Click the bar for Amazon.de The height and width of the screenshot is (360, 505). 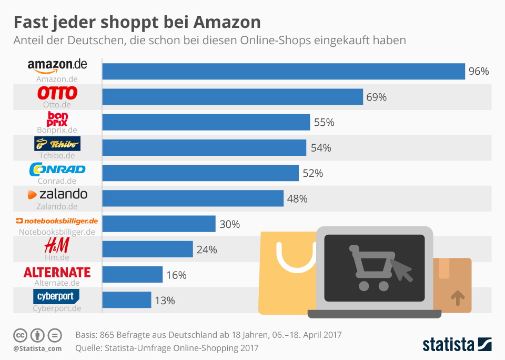tap(284, 72)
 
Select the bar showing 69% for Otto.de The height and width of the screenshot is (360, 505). tap(233, 97)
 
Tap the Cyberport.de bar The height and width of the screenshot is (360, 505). tap(127, 300)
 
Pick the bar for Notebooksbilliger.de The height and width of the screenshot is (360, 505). tap(159, 224)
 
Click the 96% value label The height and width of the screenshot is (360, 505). tap(479, 72)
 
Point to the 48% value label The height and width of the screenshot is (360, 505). tap(297, 199)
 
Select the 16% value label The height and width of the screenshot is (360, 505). tap(176, 275)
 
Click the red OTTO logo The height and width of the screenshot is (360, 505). tap(57, 93)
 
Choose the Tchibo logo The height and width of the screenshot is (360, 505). tap(57, 144)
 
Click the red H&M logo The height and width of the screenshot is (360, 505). tap(57, 245)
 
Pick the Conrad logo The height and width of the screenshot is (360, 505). tap(57, 169)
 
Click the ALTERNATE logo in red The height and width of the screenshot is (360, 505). tap(57, 272)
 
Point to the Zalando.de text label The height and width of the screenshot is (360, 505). tap(57, 206)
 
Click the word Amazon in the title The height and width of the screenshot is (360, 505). tap(227, 22)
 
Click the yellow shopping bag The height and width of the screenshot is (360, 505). tap(284, 274)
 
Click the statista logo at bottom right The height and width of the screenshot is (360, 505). tap(457, 345)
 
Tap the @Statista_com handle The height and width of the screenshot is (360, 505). tap(37, 348)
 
